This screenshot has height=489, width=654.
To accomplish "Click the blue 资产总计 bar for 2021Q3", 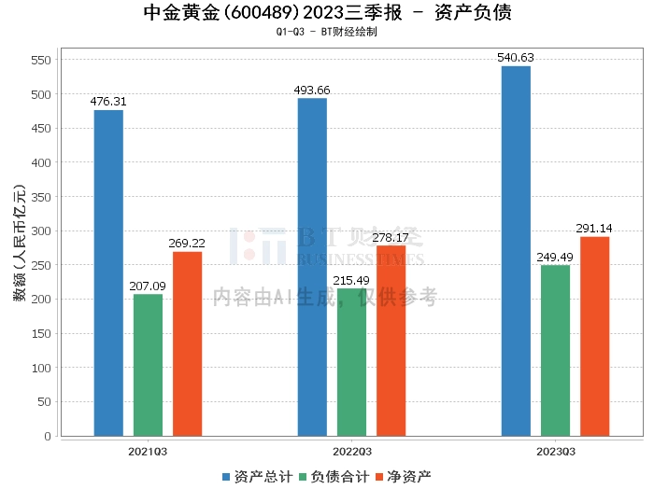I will point(108,272).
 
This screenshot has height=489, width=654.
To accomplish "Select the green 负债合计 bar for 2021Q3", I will point(148,365).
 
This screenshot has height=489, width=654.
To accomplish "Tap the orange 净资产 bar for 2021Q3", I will point(187,343).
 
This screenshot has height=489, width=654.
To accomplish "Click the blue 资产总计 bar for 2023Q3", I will point(516,251).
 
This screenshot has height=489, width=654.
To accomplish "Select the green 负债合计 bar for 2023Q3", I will point(555,350).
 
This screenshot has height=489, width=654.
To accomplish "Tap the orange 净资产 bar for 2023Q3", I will point(594,336).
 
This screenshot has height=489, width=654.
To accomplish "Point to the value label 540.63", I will point(516,58).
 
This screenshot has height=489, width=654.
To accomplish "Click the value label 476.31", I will point(108,102).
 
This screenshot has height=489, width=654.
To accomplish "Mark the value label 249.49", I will point(555,257).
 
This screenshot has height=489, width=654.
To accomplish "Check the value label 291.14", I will point(594,228).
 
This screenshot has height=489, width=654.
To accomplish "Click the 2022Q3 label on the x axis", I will point(351,451).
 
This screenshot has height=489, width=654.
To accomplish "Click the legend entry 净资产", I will point(403,476).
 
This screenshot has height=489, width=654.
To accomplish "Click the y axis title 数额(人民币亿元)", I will point(18,247).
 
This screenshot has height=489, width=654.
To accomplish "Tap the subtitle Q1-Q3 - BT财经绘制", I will point(327,32).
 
